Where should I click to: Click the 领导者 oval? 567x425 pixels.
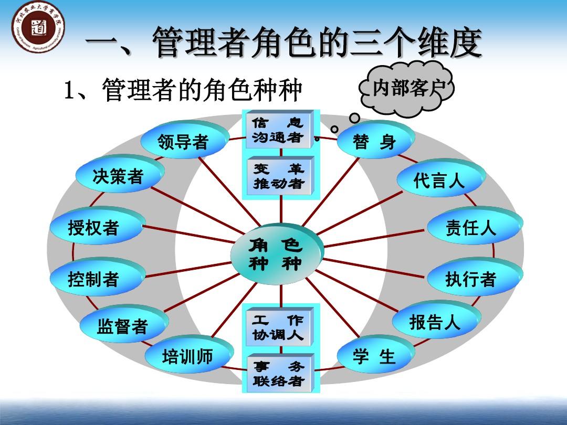pyautogui.click(x=184, y=142)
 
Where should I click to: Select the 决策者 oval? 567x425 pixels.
pyautogui.click(x=119, y=176)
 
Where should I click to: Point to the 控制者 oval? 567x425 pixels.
pyautogui.click(x=94, y=279)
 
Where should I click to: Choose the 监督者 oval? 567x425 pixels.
pyautogui.click(x=123, y=326)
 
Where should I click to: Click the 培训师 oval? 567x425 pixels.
pyautogui.click(x=188, y=357)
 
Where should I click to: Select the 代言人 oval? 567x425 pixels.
pyautogui.click(x=439, y=181)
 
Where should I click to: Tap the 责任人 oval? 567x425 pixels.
pyautogui.click(x=471, y=228)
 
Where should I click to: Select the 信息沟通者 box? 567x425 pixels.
pyautogui.click(x=278, y=130)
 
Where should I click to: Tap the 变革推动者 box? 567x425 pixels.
pyautogui.click(x=279, y=176)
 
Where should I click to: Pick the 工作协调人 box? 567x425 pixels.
pyautogui.click(x=279, y=327)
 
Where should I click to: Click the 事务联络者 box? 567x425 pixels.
pyautogui.click(x=279, y=373)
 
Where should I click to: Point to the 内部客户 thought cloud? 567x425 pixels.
pyautogui.click(x=405, y=90)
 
